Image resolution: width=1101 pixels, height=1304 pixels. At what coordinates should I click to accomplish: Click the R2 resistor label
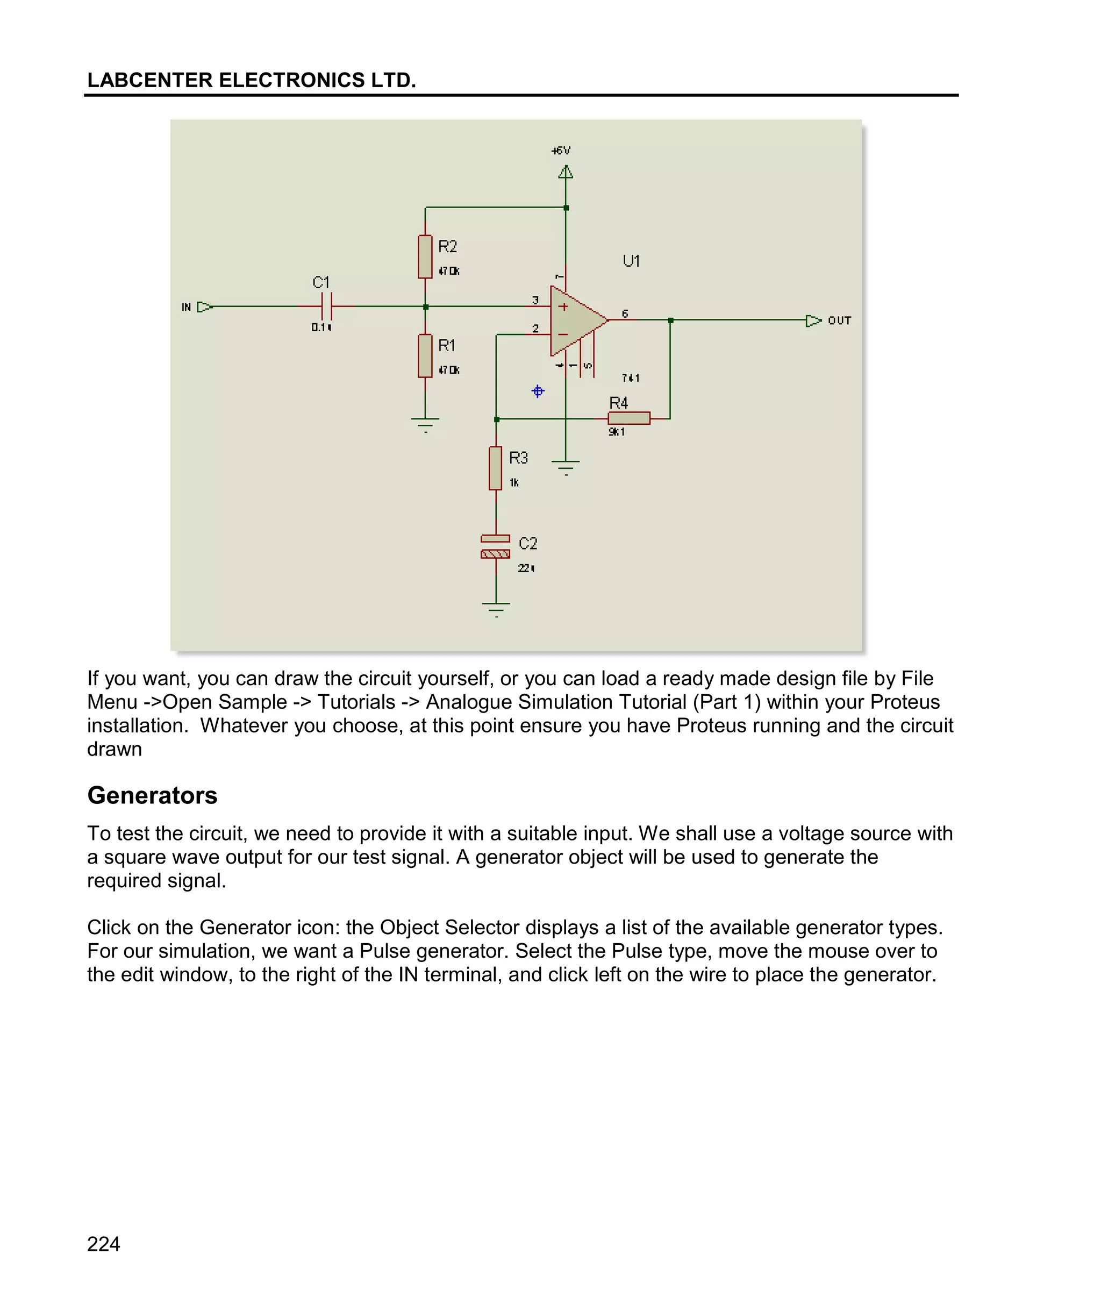point(447,247)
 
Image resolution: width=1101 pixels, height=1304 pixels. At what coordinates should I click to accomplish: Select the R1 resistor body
point(425,356)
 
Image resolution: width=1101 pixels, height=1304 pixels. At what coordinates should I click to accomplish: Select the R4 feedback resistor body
point(628,418)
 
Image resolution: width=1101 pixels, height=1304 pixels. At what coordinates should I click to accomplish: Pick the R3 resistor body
point(496,468)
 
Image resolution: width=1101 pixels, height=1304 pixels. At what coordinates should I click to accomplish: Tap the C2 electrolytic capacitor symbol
point(496,546)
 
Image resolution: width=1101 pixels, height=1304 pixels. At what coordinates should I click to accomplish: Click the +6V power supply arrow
point(566,172)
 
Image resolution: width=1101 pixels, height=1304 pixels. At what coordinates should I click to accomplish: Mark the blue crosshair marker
point(538,391)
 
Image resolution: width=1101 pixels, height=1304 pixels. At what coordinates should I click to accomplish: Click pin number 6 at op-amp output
point(625,313)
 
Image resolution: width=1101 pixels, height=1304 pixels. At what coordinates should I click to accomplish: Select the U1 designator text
point(631,261)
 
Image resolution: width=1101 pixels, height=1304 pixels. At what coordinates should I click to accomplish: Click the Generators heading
point(152,795)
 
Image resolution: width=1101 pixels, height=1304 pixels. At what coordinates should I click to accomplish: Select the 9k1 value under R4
point(616,432)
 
